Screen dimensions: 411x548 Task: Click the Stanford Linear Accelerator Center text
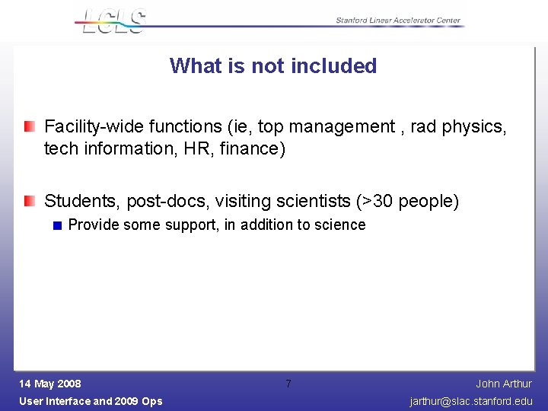point(398,21)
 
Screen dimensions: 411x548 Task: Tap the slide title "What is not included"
point(273,65)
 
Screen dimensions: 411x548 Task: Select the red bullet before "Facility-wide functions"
point(29,126)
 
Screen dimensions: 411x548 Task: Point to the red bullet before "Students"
point(29,201)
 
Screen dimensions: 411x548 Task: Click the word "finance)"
point(253,148)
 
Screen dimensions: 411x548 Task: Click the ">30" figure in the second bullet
point(375,202)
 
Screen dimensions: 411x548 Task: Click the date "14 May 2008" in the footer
point(50,384)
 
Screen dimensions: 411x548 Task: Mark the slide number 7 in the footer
point(288,384)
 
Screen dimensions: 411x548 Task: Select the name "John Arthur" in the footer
point(504,384)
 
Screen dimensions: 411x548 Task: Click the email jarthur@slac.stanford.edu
point(471,401)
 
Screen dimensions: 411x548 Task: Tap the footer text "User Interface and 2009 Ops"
point(91,401)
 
